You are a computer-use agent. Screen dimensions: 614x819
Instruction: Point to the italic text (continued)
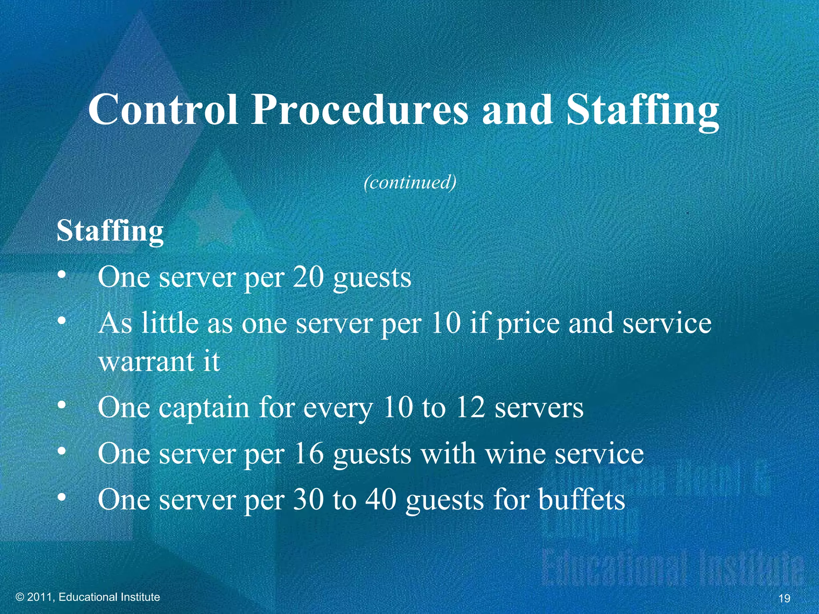(410, 183)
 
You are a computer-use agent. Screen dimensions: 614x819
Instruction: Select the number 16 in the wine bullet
(308, 454)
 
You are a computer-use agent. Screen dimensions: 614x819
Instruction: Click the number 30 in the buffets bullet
(308, 500)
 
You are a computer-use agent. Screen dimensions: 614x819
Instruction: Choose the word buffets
(581, 500)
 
